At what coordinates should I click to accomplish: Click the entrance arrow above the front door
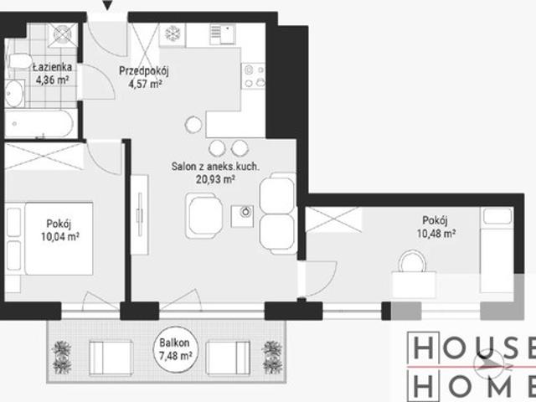click(x=108, y=5)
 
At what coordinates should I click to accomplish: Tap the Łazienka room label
click(x=53, y=67)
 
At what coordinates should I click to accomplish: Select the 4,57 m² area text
click(x=145, y=84)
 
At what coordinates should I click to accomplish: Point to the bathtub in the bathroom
click(x=39, y=124)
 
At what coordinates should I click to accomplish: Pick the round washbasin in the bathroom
click(x=14, y=94)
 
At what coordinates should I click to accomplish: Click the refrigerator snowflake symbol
click(x=173, y=34)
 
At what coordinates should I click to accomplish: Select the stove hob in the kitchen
click(x=253, y=76)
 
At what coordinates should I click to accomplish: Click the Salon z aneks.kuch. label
click(x=215, y=167)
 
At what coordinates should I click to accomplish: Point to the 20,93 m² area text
click(x=215, y=179)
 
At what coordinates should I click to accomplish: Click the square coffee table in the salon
click(x=242, y=216)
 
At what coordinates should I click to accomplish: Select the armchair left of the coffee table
click(x=204, y=215)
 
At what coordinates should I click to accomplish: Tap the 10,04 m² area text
click(x=60, y=236)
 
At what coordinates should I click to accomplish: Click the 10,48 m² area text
click(x=435, y=234)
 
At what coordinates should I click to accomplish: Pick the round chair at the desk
click(x=412, y=261)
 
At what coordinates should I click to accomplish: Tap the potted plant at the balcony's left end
click(x=62, y=358)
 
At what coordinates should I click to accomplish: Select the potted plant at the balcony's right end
click(x=272, y=358)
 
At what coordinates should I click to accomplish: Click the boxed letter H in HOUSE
click(x=423, y=348)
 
